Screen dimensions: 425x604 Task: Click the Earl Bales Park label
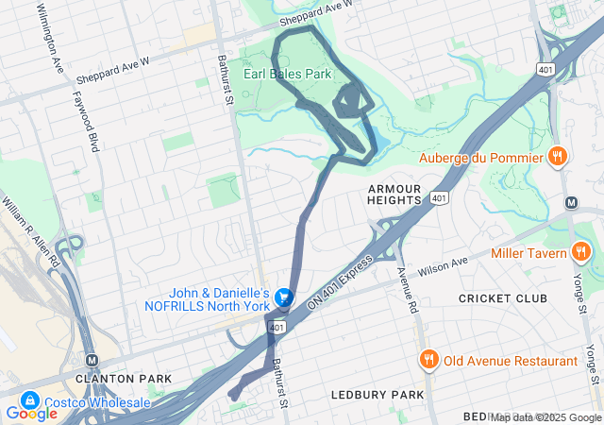tap(288, 73)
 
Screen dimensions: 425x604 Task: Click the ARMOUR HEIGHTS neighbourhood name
tap(394, 194)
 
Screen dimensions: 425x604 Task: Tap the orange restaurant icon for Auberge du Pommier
tap(558, 157)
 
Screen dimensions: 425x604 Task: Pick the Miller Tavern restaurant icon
tap(580, 253)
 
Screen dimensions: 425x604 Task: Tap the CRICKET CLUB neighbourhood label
tap(503, 298)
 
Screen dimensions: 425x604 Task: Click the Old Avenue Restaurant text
tap(511, 361)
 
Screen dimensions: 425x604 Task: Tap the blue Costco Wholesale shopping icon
tap(28, 402)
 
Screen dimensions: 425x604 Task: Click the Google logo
tap(31, 413)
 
